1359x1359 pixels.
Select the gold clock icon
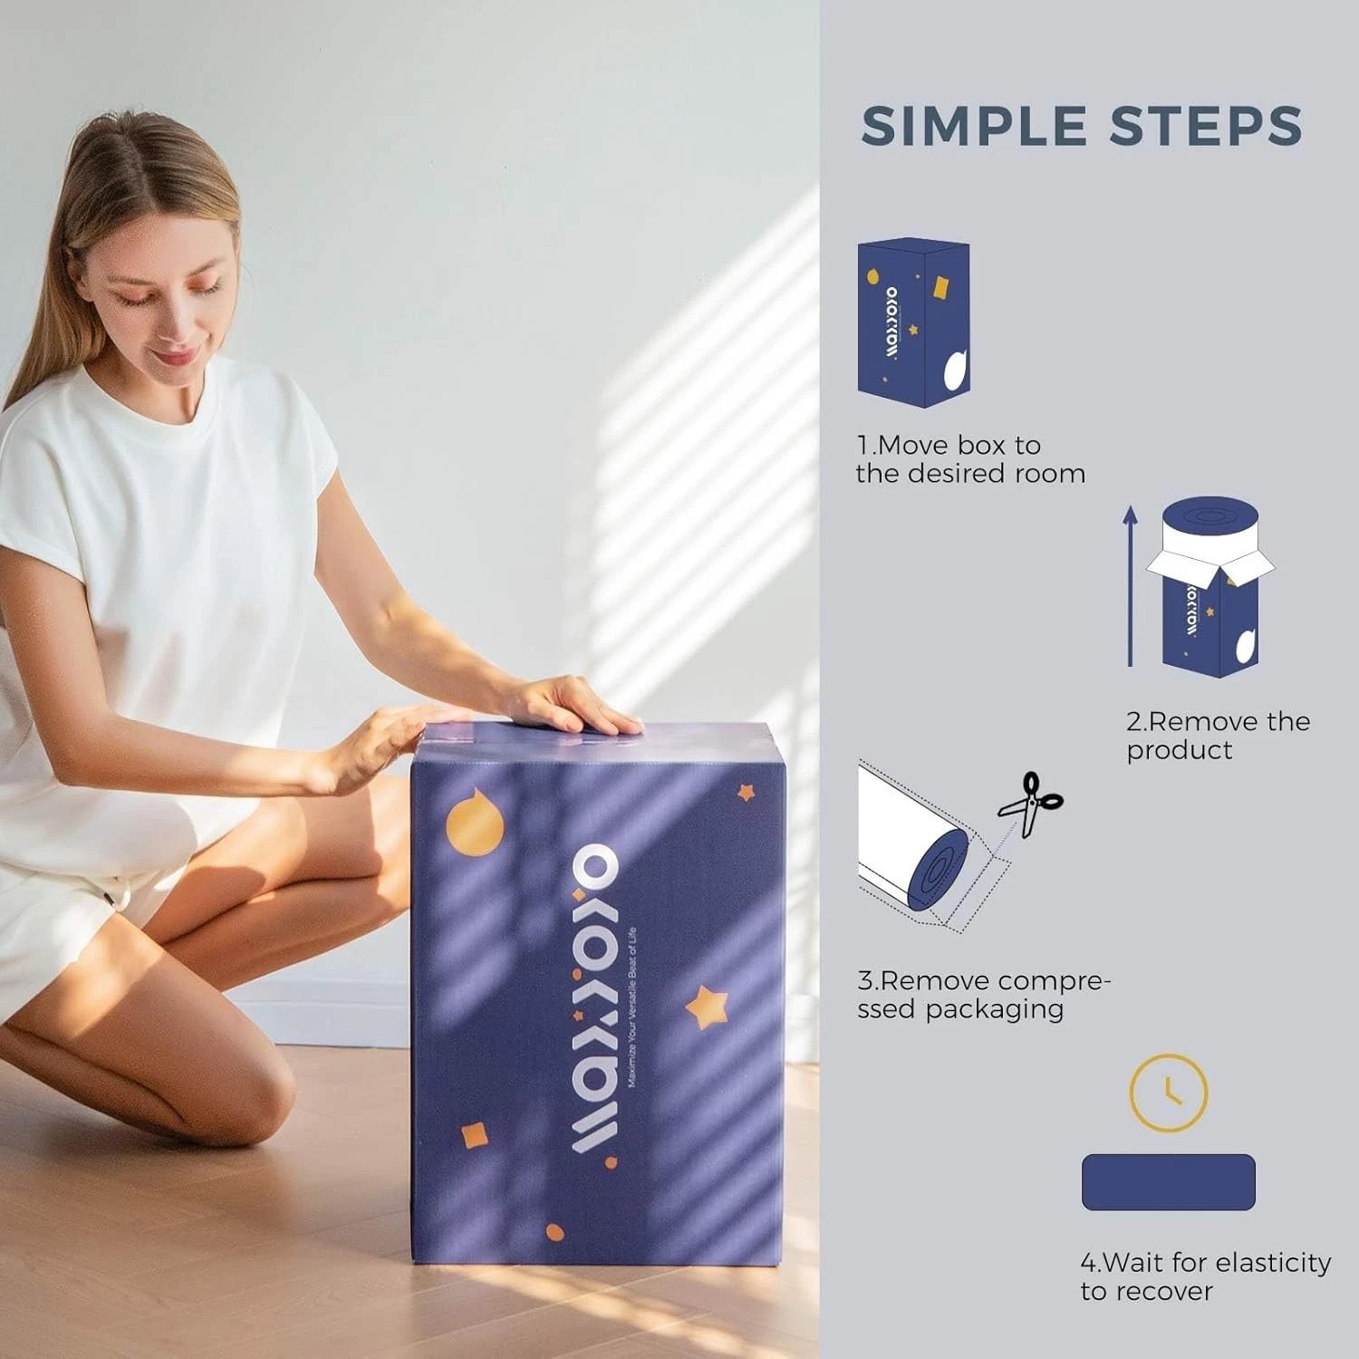coord(1168,1092)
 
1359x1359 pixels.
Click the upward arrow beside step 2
coord(1130,585)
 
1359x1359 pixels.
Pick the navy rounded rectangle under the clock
coord(1169,1181)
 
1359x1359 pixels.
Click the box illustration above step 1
coord(913,323)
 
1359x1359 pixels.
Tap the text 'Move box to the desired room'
coord(970,459)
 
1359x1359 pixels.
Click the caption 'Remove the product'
coord(1218,736)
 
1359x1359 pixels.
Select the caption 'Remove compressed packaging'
coord(984,995)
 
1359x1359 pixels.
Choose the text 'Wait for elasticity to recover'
coord(1206,1277)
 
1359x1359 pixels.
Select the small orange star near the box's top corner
coord(747,794)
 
